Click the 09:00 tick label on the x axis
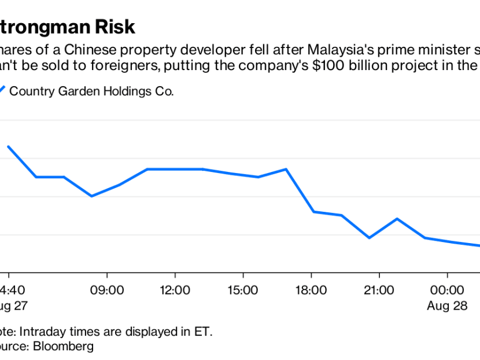pyautogui.click(x=107, y=289)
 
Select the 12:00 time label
pyautogui.click(x=175, y=289)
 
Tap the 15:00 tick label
pyautogui.click(x=243, y=289)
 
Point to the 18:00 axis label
pyautogui.click(x=311, y=289)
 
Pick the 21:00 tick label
pyautogui.click(x=379, y=289)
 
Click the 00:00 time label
pyautogui.click(x=447, y=289)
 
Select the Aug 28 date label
pyautogui.click(x=447, y=306)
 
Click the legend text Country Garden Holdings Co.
pyautogui.click(x=91, y=91)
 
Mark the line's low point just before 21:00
pyautogui.click(x=369, y=238)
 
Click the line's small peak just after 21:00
pyautogui.click(x=397, y=219)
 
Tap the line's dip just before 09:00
pyautogui.click(x=91, y=196)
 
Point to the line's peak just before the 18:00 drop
pyautogui.click(x=286, y=169)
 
